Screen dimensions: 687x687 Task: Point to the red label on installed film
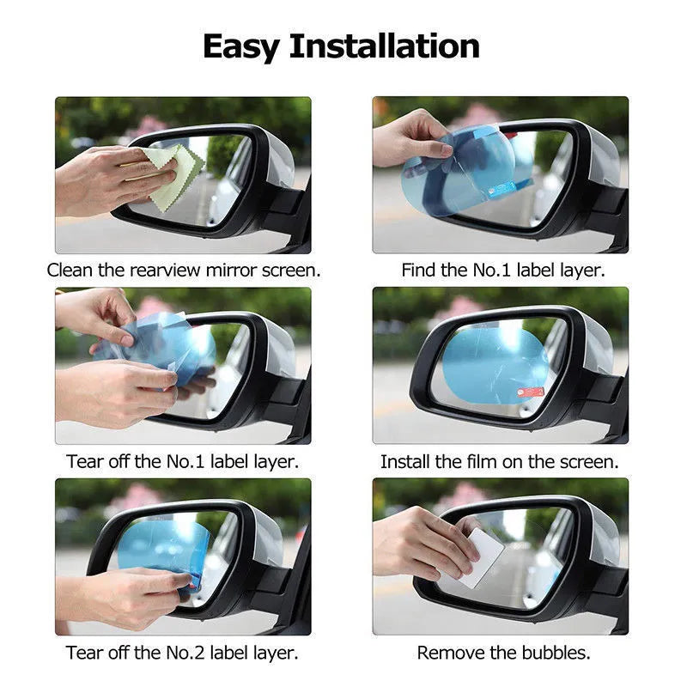[x=532, y=392]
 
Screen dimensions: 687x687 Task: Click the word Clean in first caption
[x=71, y=270]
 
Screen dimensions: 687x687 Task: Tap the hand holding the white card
[x=421, y=541]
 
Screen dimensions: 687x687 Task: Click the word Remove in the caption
[x=447, y=653]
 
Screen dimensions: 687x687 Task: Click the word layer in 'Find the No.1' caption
[x=581, y=270]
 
